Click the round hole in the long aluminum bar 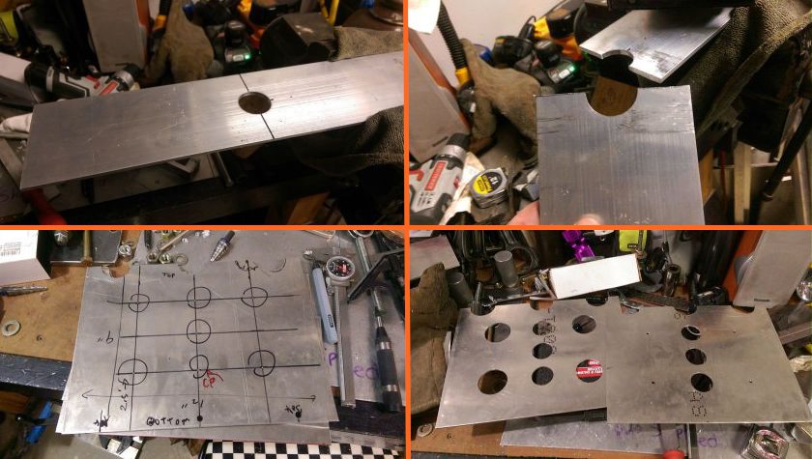253,101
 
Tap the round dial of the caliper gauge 336,270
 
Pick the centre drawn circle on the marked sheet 199,331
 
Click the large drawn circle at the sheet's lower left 133,368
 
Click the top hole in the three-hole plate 690,332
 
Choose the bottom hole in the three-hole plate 703,383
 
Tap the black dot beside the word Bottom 200,417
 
